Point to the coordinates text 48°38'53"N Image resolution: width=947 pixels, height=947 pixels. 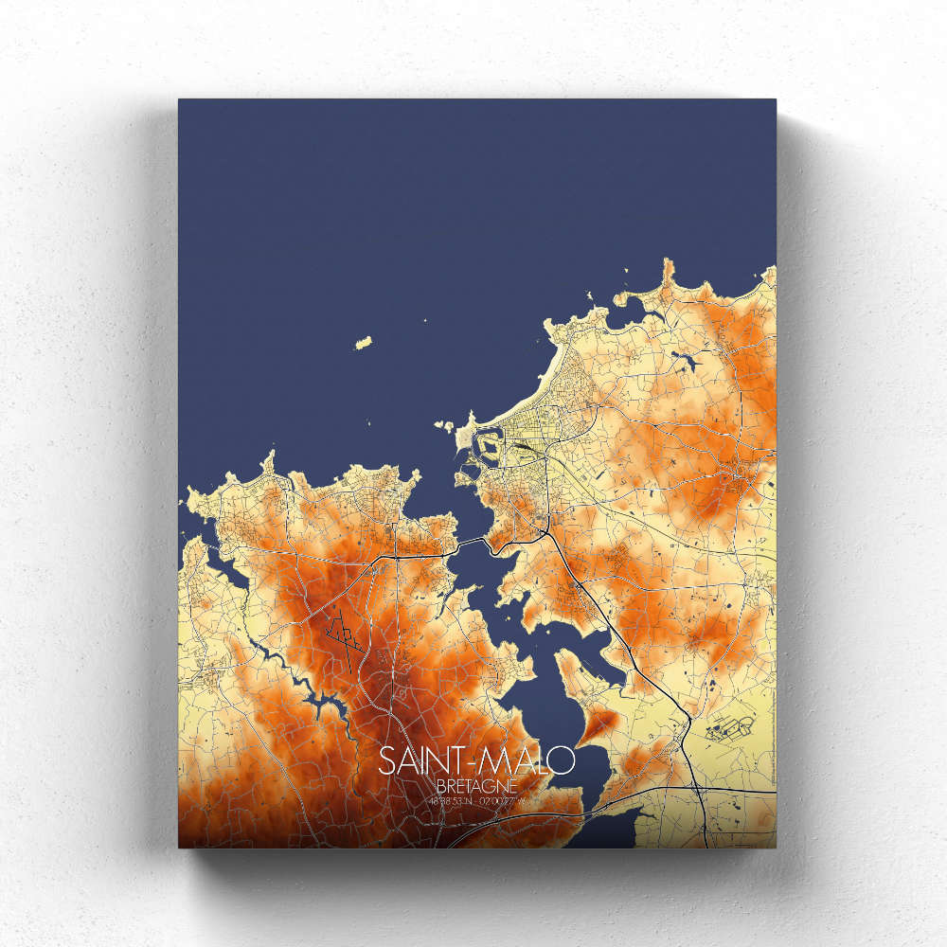tap(450, 802)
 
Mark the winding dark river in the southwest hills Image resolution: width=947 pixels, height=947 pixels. tap(313, 701)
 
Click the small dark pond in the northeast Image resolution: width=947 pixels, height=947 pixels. tap(680, 358)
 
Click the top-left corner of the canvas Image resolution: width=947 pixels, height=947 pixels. tap(179, 99)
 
